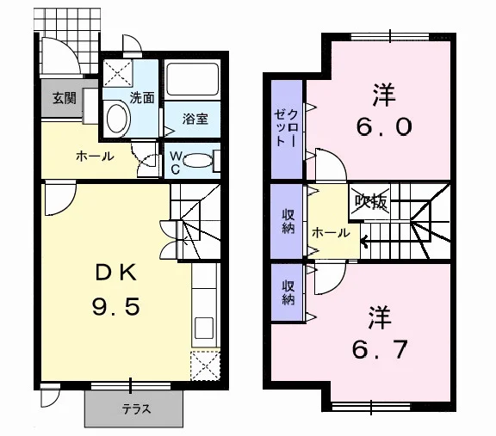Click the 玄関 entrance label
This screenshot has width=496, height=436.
pyautogui.click(x=65, y=98)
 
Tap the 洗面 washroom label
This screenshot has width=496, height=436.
pyautogui.click(x=142, y=98)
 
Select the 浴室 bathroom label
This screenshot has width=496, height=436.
pyautogui.click(x=195, y=119)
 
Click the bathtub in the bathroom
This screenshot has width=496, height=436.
pyautogui.click(x=192, y=79)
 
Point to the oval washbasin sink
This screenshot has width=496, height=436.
pyautogui.click(x=117, y=119)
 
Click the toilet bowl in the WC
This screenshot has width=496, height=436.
pyautogui.click(x=198, y=160)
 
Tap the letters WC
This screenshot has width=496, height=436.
pyautogui.click(x=176, y=163)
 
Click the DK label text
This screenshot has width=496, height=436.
pyautogui.click(x=116, y=273)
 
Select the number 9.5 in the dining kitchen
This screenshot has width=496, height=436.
pyautogui.click(x=115, y=307)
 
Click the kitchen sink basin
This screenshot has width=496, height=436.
pyautogui.click(x=204, y=328)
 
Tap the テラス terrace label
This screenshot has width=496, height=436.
pyautogui.click(x=137, y=409)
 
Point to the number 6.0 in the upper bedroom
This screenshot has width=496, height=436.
pyautogui.click(x=384, y=126)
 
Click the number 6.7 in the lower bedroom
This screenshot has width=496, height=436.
pyautogui.click(x=380, y=349)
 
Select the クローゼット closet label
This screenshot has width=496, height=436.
pyautogui.click(x=286, y=127)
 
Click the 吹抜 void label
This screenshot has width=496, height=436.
pyautogui.click(x=371, y=201)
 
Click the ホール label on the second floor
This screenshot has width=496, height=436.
pyautogui.click(x=331, y=233)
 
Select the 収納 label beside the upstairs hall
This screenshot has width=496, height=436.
pyautogui.click(x=288, y=222)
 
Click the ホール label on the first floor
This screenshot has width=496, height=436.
pyautogui.click(x=95, y=157)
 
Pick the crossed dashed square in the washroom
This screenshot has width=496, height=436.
pyautogui.click(x=118, y=72)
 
